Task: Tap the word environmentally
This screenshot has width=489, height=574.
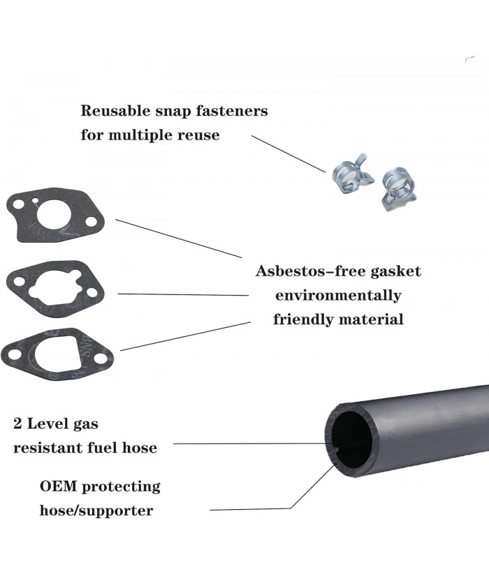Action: [x=338, y=295]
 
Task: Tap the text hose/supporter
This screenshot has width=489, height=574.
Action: [x=96, y=510]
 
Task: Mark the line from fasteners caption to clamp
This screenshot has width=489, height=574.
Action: [x=288, y=154]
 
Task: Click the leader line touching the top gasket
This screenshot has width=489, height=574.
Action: [x=178, y=238]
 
